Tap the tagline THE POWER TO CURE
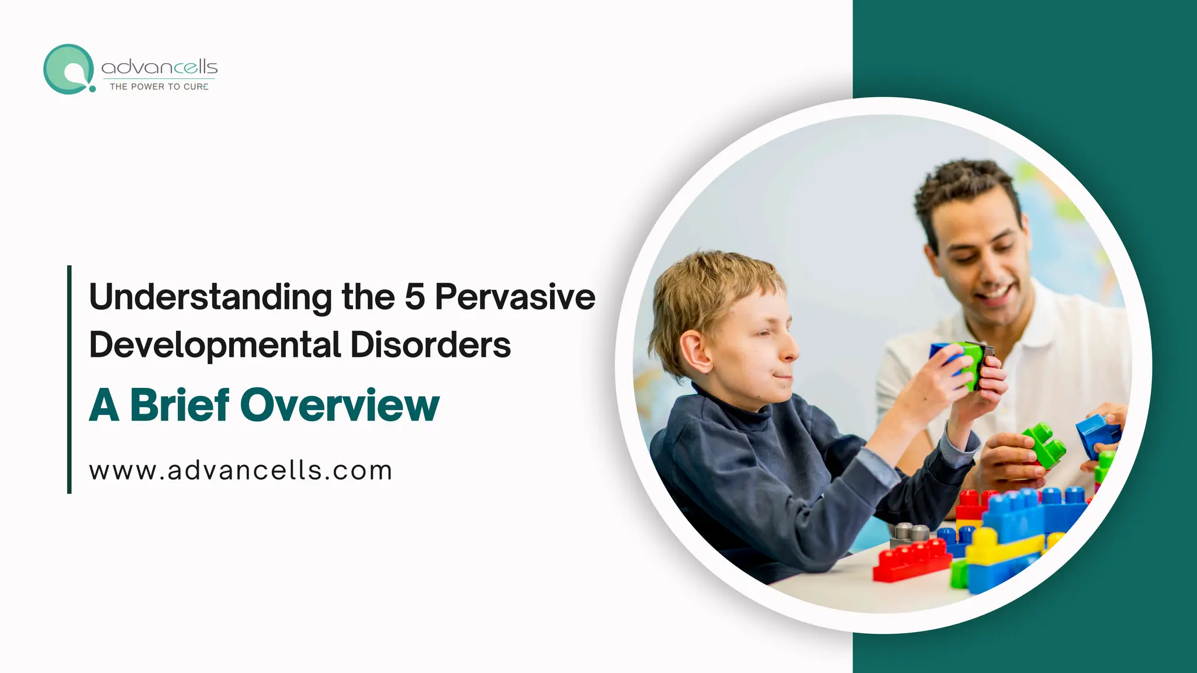click(x=159, y=86)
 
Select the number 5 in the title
click(x=414, y=296)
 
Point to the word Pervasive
click(x=515, y=296)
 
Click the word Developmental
click(x=215, y=345)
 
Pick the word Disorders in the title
click(x=430, y=345)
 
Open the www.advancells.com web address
click(x=240, y=471)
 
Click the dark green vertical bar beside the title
click(x=70, y=379)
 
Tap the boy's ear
click(x=693, y=352)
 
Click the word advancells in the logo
click(x=159, y=68)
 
